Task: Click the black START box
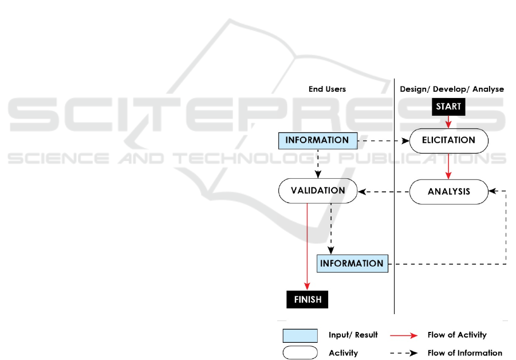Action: click(x=448, y=107)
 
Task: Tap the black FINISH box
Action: click(x=308, y=299)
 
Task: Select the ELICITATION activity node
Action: click(x=448, y=140)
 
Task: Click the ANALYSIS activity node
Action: click(x=448, y=191)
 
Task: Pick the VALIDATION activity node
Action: click(x=317, y=191)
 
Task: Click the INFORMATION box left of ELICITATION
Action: click(x=317, y=140)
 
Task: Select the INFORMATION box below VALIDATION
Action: click(x=352, y=264)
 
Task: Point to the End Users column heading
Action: click(x=327, y=89)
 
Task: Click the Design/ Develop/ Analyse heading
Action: click(x=451, y=89)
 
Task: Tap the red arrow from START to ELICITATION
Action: click(x=448, y=122)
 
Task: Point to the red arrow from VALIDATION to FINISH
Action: click(x=308, y=246)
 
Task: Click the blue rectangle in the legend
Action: click(x=300, y=335)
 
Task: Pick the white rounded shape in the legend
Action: click(x=300, y=353)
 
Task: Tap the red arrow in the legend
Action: click(x=404, y=335)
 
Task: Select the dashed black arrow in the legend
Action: click(x=404, y=353)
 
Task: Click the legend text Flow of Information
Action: click(x=464, y=353)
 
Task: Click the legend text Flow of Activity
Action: click(x=456, y=335)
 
